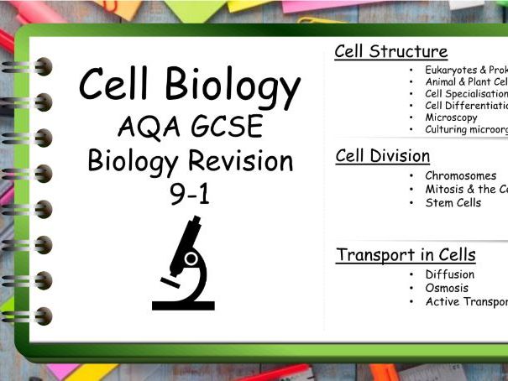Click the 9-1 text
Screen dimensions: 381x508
[190, 194]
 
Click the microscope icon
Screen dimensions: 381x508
[186, 262]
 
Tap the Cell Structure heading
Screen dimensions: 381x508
[390, 51]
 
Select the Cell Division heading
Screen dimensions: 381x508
[382, 156]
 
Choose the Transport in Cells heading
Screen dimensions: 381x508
[406, 255]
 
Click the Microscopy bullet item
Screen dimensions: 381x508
[451, 117]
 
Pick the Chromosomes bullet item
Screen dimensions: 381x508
[460, 176]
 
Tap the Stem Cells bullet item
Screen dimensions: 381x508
[453, 202]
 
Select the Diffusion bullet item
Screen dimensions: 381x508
[449, 274]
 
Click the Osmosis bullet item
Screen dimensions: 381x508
[447, 288]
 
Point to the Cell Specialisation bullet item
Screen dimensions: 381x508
[466, 94]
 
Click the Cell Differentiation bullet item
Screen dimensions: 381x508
[466, 106]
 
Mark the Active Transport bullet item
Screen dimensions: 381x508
[466, 301]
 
